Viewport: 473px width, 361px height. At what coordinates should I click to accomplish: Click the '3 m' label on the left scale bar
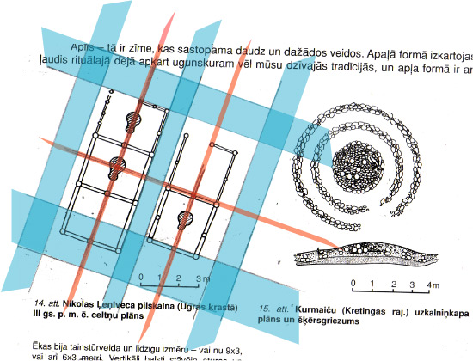pos(199,279)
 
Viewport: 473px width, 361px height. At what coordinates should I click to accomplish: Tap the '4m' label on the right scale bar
pos(434,285)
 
